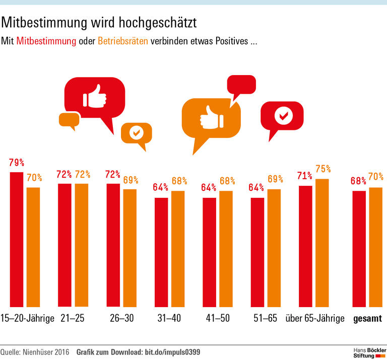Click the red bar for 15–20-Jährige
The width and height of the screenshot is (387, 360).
pyautogui.click(x=17, y=239)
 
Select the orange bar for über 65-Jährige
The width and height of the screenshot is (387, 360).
pyautogui.click(x=322, y=243)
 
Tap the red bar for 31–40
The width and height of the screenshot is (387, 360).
pyautogui.click(x=161, y=252)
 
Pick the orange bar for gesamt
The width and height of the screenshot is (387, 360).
pyautogui.click(x=376, y=247)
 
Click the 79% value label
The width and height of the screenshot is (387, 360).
pyautogui.click(x=17, y=163)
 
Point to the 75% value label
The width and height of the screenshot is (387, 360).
pyautogui.click(x=323, y=169)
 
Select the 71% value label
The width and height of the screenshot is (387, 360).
pyautogui.click(x=305, y=176)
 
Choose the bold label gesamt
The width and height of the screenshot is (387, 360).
pyautogui.click(x=367, y=318)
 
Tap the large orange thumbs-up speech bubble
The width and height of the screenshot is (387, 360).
pyautogui.click(x=210, y=120)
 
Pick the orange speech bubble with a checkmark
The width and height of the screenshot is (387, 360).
pyautogui.click(x=136, y=133)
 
